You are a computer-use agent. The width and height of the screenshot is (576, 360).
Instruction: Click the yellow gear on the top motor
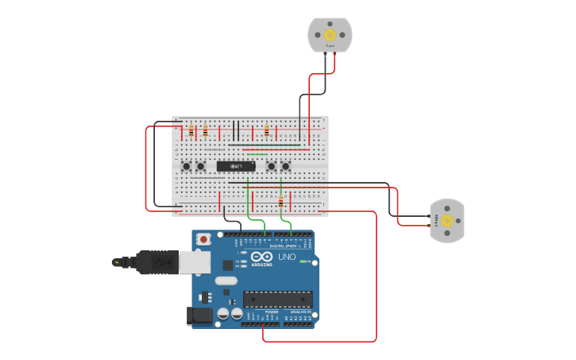330,34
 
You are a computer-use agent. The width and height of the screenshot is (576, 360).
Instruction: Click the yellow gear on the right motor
447,220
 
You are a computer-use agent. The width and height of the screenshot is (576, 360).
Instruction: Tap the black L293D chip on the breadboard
236,166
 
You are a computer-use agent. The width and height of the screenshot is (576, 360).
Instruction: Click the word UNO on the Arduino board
286,257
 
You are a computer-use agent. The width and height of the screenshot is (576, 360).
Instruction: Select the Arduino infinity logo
261,257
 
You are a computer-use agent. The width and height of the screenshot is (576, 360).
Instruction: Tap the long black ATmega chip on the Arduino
277,300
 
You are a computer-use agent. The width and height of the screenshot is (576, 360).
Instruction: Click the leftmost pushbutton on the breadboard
187,166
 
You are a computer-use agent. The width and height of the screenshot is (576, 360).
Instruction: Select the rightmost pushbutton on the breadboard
285,166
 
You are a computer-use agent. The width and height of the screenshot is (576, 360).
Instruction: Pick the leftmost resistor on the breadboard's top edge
191,131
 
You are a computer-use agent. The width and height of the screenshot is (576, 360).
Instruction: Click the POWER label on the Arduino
272,312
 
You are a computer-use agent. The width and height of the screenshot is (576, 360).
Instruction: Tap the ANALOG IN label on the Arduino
300,312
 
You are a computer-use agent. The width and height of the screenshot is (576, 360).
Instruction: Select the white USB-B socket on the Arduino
194,261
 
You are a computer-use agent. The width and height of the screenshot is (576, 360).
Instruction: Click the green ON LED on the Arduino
303,261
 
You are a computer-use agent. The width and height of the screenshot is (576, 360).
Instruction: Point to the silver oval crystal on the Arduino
226,280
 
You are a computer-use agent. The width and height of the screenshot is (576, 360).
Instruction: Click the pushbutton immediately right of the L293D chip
271,166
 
